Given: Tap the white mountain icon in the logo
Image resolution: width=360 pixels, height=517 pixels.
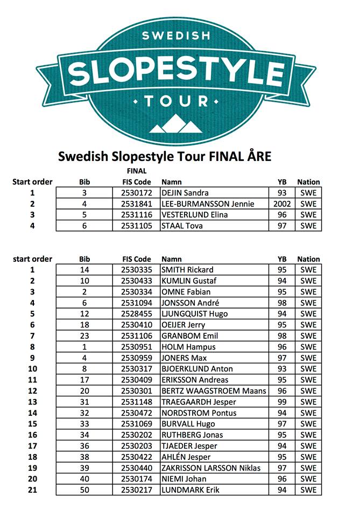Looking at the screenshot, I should [x=175, y=124].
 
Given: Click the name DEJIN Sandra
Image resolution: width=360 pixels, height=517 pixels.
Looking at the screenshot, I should [x=185, y=193].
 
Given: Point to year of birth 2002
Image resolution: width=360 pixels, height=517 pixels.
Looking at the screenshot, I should [x=282, y=204].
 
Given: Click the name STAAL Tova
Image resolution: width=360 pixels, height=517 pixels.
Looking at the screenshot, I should [x=182, y=226].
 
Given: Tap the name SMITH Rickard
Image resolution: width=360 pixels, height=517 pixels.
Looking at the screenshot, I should [x=187, y=270].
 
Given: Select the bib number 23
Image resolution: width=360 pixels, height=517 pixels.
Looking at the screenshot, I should [x=84, y=336].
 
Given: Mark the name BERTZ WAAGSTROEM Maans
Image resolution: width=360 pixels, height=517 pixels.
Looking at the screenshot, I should [x=214, y=391].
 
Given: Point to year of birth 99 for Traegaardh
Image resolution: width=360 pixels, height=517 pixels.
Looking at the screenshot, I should [x=282, y=402].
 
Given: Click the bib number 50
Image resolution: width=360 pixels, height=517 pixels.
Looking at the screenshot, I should [x=84, y=490].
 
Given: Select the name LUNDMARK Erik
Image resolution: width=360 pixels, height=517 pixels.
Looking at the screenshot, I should [x=190, y=490].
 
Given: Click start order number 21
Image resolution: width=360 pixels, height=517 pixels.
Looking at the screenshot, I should [x=32, y=490].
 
